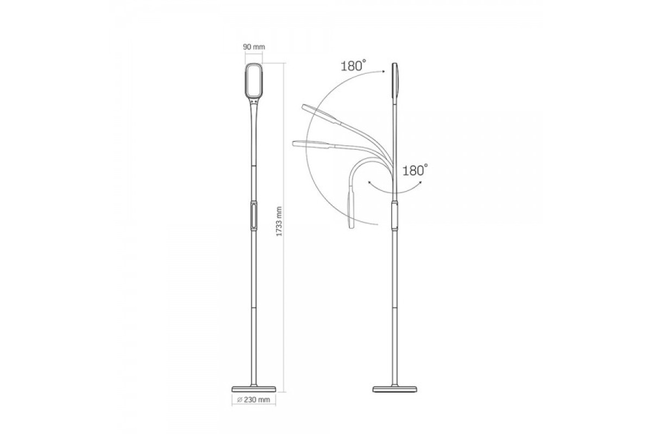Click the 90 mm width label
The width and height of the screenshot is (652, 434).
[x=254, y=47]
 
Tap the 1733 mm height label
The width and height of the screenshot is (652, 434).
[x=279, y=221]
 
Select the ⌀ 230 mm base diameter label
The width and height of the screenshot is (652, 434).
[x=254, y=400]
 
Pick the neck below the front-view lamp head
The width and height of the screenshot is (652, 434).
[x=254, y=114]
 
